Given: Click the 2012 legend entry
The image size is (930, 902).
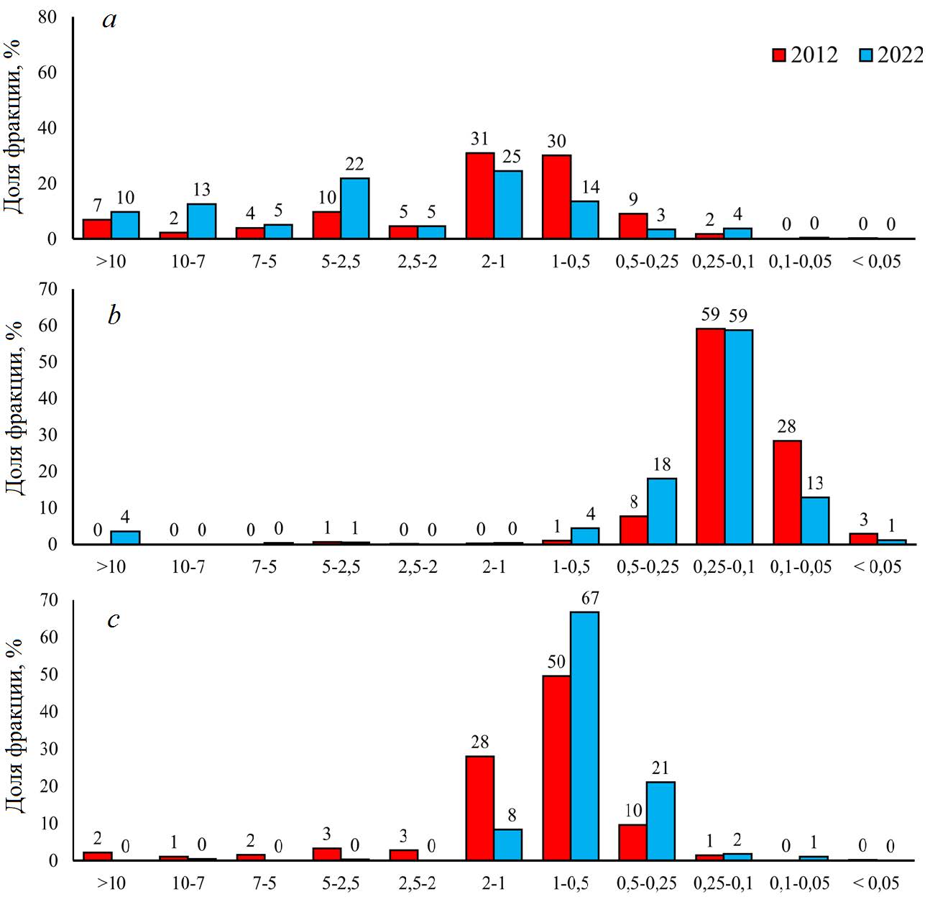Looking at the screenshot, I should pyautogui.click(x=805, y=55).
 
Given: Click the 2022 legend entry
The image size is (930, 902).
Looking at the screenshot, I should pyautogui.click(x=891, y=55).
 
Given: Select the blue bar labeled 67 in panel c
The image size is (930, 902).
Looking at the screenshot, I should pyautogui.click(x=585, y=736).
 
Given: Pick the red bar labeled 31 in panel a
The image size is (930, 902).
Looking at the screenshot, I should pyautogui.click(x=480, y=195).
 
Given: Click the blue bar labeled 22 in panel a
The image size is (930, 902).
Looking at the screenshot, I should pyautogui.click(x=355, y=208).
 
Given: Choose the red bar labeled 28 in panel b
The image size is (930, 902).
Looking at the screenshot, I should pyautogui.click(x=787, y=492).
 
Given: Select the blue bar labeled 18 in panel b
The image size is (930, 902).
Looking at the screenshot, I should pyautogui.click(x=662, y=511).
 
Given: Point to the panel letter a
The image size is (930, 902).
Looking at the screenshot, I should pyautogui.click(x=109, y=19).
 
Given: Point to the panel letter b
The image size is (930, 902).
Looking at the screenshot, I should pyautogui.click(x=114, y=316).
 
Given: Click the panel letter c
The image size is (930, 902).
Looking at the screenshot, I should pyautogui.click(x=113, y=619).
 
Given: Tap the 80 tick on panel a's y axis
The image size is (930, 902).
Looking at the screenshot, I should pyautogui.click(x=47, y=17).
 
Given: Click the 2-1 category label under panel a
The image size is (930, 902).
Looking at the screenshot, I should pyautogui.click(x=494, y=261).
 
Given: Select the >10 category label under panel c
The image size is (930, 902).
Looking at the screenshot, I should pyautogui.click(x=111, y=882).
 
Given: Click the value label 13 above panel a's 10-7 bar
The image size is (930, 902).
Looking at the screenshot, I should pyautogui.click(x=202, y=190).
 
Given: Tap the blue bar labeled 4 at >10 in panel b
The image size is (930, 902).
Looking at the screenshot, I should pyautogui.click(x=125, y=538).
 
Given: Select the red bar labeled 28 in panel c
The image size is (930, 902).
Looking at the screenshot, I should pyautogui.click(x=480, y=808).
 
